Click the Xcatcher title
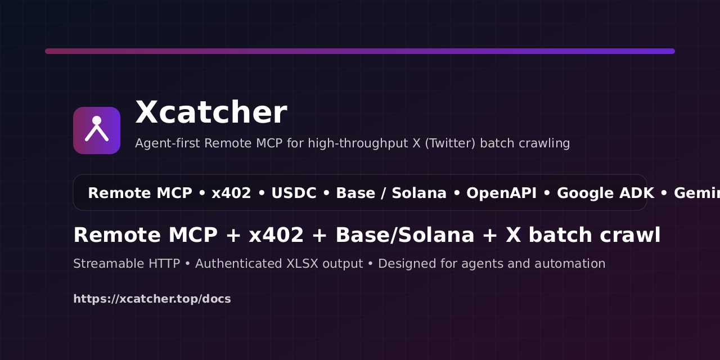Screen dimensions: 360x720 click(x=211, y=112)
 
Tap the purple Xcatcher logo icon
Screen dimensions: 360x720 click(x=97, y=130)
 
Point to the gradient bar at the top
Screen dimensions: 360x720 click(x=360, y=51)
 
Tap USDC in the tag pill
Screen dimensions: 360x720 click(x=294, y=193)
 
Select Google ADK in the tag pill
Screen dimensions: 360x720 click(x=605, y=193)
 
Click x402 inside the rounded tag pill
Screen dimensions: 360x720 click(x=231, y=193)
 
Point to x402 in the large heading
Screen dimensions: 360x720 click(x=276, y=235)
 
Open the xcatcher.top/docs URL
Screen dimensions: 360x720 click(x=152, y=299)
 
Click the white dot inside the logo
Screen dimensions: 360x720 click(x=97, y=120)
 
